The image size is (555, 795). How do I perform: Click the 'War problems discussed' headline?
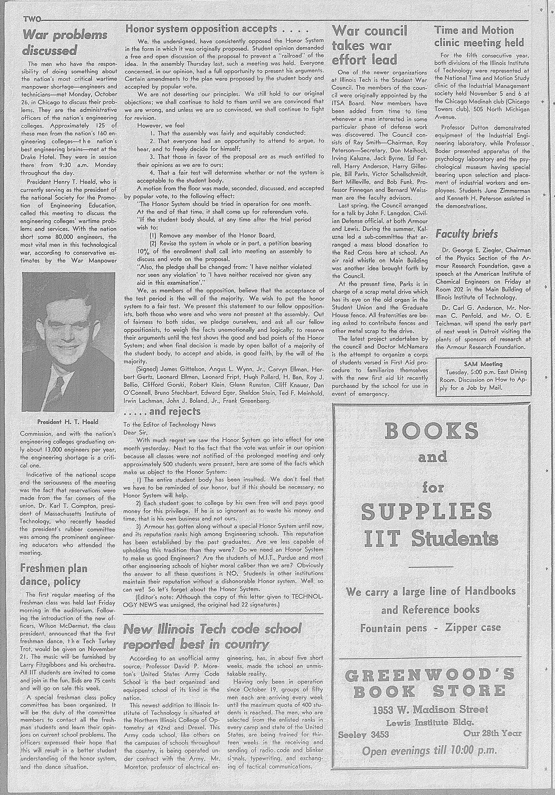click(64, 43)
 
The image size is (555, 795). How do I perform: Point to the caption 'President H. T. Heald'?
click(68, 422)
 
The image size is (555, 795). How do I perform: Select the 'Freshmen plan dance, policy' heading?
click(54, 575)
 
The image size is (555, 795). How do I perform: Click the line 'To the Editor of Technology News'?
click(170, 424)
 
